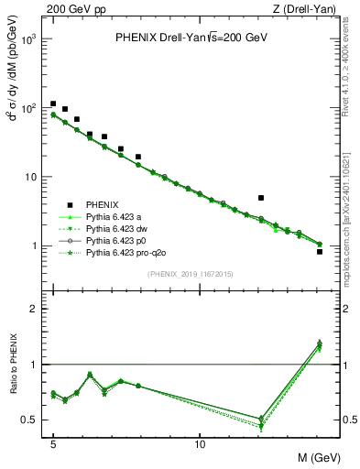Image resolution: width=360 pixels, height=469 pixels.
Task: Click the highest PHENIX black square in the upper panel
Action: point(53,104)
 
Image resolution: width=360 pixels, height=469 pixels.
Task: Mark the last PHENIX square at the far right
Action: point(320,251)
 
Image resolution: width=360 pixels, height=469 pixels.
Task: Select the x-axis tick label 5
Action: point(53,445)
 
